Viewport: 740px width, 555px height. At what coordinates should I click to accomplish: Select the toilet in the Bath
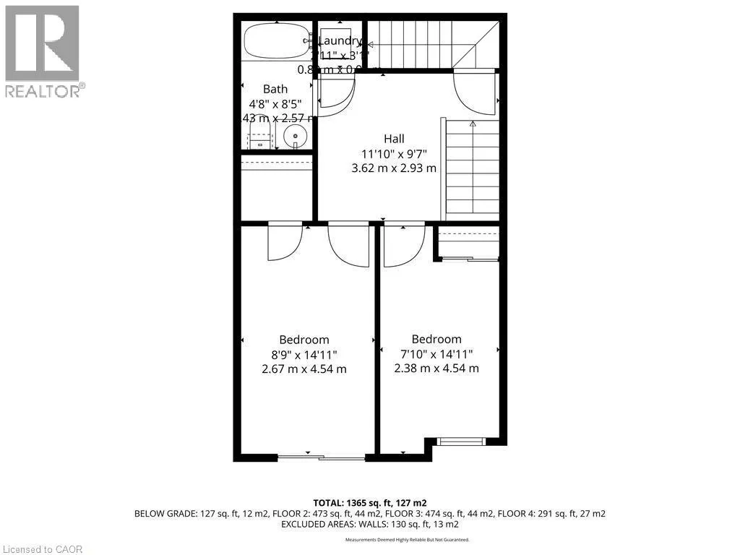tap(257, 135)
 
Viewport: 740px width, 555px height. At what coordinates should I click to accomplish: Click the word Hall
tap(394, 139)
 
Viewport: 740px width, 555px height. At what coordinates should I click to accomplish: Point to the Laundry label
tap(339, 41)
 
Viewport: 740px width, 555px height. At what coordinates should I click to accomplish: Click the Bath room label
tap(275, 89)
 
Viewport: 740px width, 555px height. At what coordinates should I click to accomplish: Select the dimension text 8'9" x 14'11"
tap(304, 354)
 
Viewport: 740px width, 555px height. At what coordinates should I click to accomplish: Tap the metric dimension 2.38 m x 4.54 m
tap(436, 368)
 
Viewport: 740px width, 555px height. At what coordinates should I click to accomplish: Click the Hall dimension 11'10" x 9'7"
tap(394, 153)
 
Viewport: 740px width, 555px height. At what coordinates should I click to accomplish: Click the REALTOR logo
tap(43, 51)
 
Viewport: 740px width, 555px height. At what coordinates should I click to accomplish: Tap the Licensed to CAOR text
tap(42, 549)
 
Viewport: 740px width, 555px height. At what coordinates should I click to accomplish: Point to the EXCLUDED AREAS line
tap(369, 525)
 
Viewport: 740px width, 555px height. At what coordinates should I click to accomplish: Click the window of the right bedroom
tap(461, 441)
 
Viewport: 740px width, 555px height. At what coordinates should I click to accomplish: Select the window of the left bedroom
tap(321, 457)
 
